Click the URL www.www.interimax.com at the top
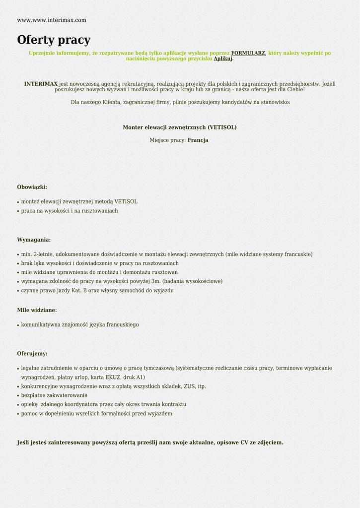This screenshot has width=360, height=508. pos(52,20)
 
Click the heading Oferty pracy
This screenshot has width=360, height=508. pos(54,40)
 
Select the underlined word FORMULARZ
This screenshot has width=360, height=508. pos(248,53)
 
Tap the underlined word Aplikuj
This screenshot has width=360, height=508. pos(223,59)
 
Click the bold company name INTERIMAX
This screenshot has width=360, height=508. pos(41,84)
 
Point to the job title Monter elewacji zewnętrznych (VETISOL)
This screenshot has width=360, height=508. pos(180,127)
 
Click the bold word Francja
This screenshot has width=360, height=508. pos(198,140)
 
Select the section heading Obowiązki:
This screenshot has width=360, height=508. pos(32,187)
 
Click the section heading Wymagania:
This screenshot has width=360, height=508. pos(34,240)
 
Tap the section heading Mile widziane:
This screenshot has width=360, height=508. pos(37,310)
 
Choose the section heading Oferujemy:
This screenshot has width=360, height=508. pos(32,354)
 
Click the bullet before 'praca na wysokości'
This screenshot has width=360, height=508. pos(18,211)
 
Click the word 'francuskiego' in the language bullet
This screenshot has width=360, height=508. pos(123,325)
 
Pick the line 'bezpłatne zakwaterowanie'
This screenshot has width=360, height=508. pos(54,395)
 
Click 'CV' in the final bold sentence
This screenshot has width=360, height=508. pos(244,443)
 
